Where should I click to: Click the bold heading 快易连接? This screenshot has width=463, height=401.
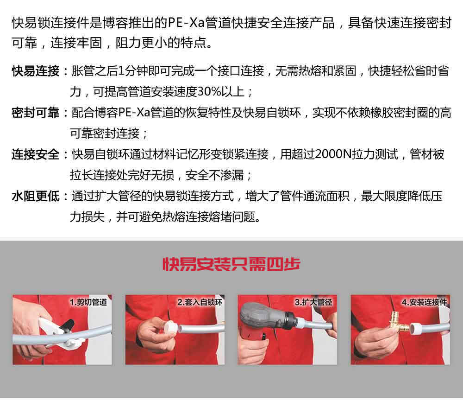pos(36,71)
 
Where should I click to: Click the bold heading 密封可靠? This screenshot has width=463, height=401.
pos(36,113)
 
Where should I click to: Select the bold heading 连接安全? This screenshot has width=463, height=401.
pos(36,155)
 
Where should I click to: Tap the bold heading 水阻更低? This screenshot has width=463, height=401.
pos(36,197)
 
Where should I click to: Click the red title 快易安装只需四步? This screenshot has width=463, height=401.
pos(231,264)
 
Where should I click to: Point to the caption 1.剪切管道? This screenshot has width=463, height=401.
pos(88,302)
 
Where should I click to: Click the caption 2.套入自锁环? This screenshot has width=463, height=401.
pos(200,302)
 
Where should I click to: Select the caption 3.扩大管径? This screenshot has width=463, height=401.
pos(313,302)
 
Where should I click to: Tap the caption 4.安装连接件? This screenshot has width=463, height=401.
pos(424,302)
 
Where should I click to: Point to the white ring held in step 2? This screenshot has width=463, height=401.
pos(171,327)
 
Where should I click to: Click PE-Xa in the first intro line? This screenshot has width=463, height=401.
pos(186,23)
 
